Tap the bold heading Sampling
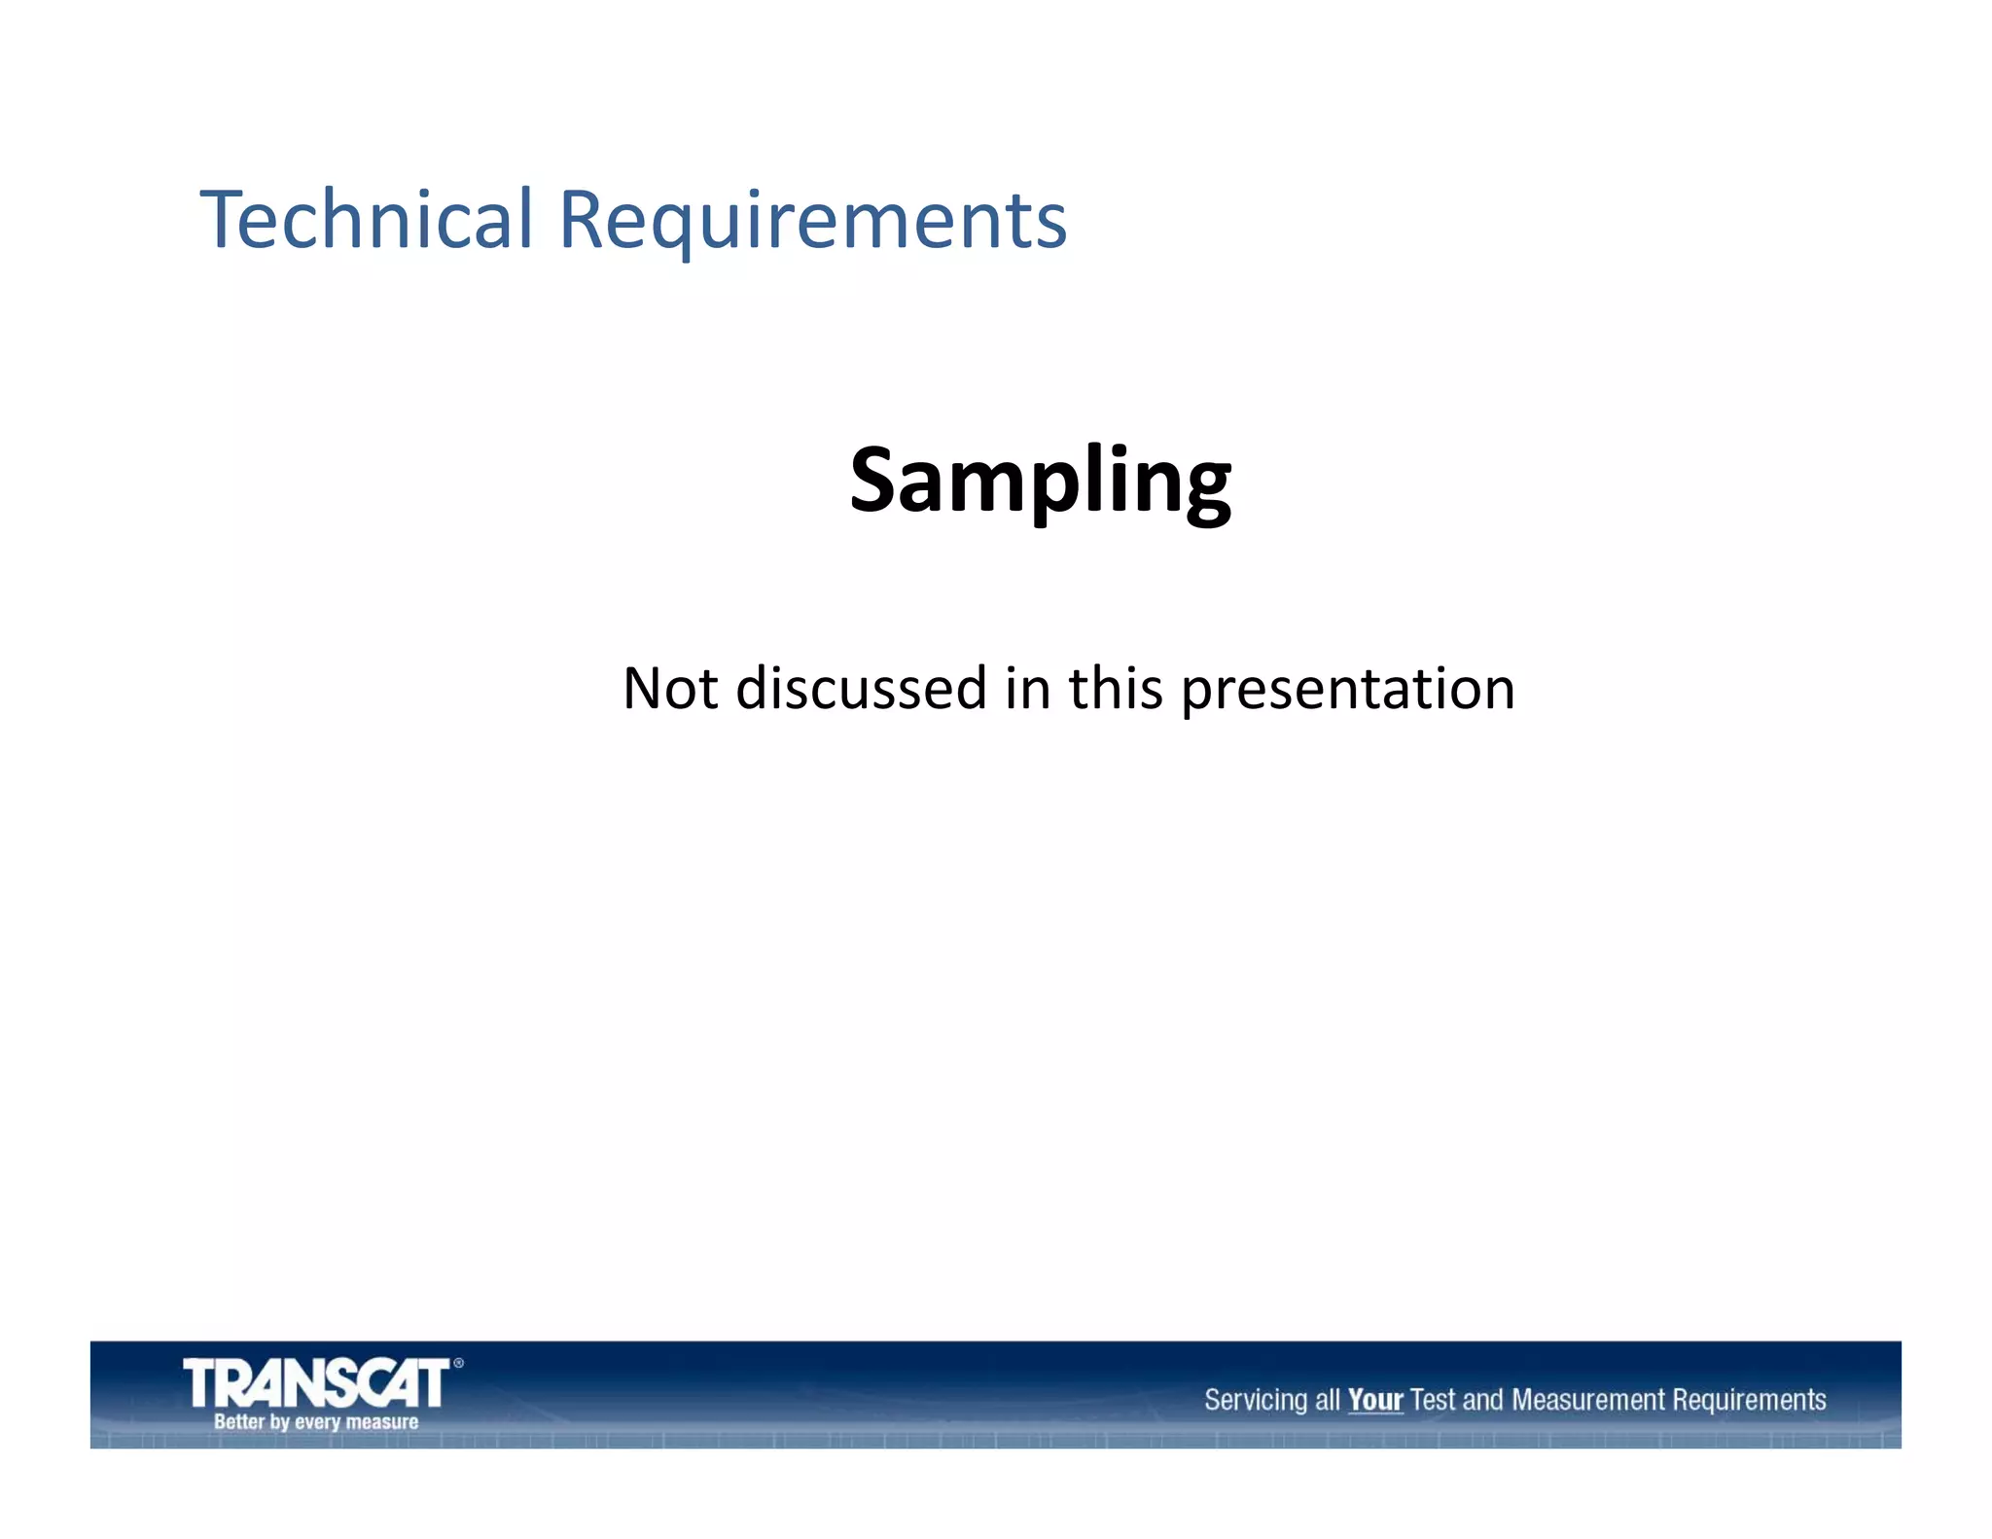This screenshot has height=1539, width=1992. (1040, 481)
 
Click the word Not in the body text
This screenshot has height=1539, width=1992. (669, 689)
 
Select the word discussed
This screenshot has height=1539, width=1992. (861, 689)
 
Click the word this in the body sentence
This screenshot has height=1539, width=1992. (1115, 689)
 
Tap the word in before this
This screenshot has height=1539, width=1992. (1027, 689)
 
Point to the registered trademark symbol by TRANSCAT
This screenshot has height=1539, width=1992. (458, 1363)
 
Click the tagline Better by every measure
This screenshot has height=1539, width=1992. (316, 1422)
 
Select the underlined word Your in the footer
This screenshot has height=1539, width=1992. (1374, 1400)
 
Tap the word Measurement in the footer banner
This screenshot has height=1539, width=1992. (1588, 1400)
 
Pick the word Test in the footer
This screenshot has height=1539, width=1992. (1432, 1400)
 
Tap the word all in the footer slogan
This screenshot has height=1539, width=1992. (1327, 1400)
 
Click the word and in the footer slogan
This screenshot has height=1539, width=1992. (1482, 1400)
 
